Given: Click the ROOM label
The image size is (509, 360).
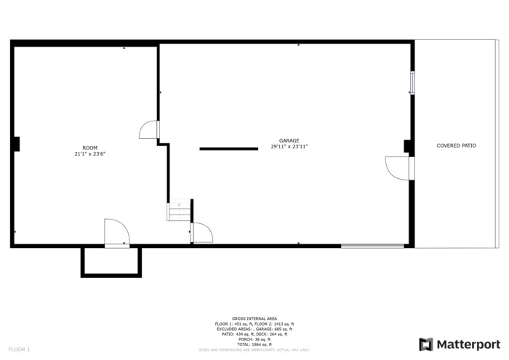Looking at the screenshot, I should (x=89, y=148).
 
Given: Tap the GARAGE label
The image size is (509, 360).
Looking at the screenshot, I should (x=289, y=140).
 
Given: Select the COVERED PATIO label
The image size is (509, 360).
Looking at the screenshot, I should (x=456, y=145).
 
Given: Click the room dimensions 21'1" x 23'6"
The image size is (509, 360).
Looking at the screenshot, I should (x=89, y=154).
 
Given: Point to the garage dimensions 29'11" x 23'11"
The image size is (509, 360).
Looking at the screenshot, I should (x=289, y=147).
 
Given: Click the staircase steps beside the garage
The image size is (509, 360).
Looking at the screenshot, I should (x=179, y=211).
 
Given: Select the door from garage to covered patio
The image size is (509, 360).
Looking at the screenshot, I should (x=398, y=168).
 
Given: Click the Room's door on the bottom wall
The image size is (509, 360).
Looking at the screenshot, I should (x=116, y=233).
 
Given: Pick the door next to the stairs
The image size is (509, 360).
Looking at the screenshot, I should (x=201, y=233).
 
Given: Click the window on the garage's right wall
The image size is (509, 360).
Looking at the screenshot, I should (x=412, y=82).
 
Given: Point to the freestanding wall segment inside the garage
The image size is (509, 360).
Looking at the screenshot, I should (x=228, y=148).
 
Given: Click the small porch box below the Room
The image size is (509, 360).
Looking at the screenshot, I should (x=111, y=261).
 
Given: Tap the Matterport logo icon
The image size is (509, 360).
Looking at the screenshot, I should (x=426, y=344).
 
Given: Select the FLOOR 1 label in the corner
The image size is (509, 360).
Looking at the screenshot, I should (x=20, y=350).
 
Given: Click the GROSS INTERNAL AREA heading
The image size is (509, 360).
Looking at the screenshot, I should (x=254, y=319).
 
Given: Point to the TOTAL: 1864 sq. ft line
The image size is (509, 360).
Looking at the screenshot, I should (x=254, y=344).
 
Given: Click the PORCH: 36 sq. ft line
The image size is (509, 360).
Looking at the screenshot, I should (x=254, y=339).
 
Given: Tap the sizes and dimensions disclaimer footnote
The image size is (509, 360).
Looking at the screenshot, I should (x=254, y=350).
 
